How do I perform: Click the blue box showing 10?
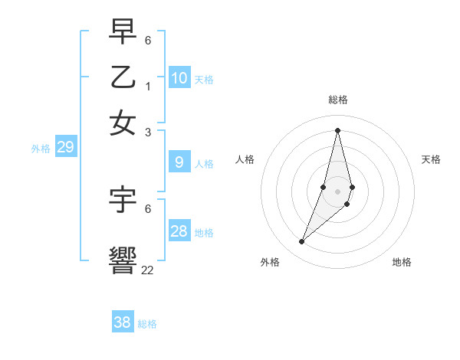tap(179, 77)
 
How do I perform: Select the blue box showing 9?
tap(179, 162)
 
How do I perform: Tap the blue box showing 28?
tap(179, 231)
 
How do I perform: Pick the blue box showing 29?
tap(65, 147)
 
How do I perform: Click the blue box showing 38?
tap(123, 322)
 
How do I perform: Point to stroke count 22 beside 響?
tap(147, 270)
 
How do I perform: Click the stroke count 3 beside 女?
tap(148, 132)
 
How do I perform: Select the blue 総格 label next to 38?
tap(147, 324)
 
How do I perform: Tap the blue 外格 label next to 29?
tap(41, 149)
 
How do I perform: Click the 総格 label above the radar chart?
tap(338, 100)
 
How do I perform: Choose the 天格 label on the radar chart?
tap(431, 159)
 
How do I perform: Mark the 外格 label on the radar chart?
tap(270, 262)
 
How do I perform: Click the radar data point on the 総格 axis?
tap(337, 130)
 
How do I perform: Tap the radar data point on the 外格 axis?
tap(302, 242)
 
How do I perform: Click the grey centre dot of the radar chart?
tap(337, 191)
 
